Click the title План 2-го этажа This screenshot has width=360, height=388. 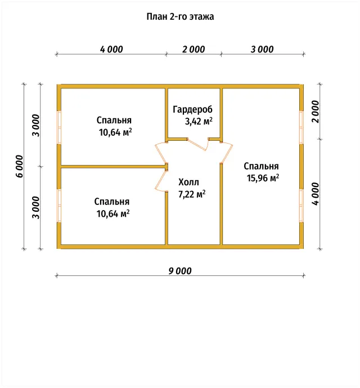180,17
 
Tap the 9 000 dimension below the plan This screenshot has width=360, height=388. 180,271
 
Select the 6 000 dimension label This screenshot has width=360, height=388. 19,166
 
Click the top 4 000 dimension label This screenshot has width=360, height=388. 111,49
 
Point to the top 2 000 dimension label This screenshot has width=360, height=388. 193,49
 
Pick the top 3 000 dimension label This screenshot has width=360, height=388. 262,49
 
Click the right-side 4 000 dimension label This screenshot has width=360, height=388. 316,194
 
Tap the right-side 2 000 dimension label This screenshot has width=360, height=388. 316,112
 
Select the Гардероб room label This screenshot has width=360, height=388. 192,109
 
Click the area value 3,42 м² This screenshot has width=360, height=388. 199,121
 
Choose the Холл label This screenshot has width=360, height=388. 188,182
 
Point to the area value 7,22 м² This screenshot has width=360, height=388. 192,194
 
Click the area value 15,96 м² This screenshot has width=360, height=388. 263,178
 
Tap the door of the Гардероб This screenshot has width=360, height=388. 198,145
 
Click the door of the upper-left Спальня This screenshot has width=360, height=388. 161,154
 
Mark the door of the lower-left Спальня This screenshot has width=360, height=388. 161,180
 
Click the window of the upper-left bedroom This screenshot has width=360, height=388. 59,127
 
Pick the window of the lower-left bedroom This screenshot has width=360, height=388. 59,206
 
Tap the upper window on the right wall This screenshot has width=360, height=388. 301,127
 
